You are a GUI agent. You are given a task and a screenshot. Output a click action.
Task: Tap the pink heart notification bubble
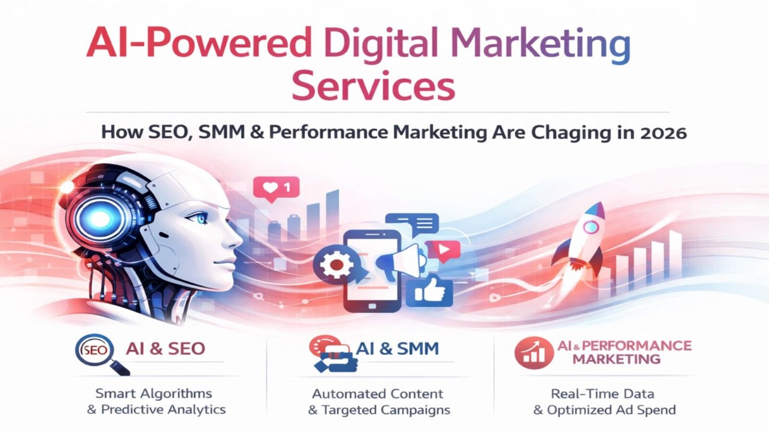[276, 188]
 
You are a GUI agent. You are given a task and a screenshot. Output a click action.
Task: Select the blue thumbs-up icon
[429, 291]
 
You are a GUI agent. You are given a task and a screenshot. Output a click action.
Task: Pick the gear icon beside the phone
[333, 265]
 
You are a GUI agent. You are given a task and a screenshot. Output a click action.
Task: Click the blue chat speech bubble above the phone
[412, 224]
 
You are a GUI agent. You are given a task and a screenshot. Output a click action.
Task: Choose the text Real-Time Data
[602, 394]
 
